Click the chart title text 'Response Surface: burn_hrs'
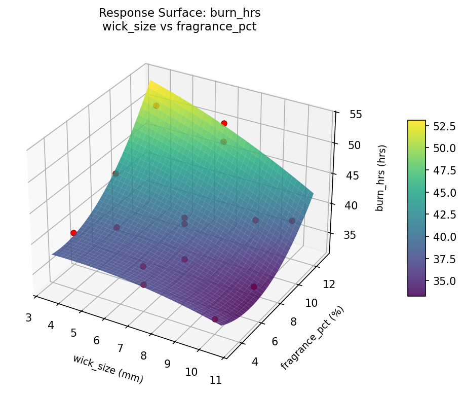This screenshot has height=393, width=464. click(x=179, y=13)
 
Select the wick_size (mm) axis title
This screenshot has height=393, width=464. click(x=108, y=369)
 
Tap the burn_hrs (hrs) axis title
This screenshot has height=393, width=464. click(x=381, y=178)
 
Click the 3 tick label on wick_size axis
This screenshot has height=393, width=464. click(x=28, y=318)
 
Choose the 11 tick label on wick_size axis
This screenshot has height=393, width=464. click(x=215, y=380)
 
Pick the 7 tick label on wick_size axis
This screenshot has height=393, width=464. click(x=120, y=348)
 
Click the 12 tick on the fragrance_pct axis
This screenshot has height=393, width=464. click(x=329, y=284)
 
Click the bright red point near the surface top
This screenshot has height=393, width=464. click(x=224, y=123)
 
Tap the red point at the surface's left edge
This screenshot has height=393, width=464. click(x=73, y=233)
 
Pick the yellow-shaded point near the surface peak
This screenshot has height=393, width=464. click(x=156, y=105)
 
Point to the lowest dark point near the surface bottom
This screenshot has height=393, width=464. click(x=215, y=319)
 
